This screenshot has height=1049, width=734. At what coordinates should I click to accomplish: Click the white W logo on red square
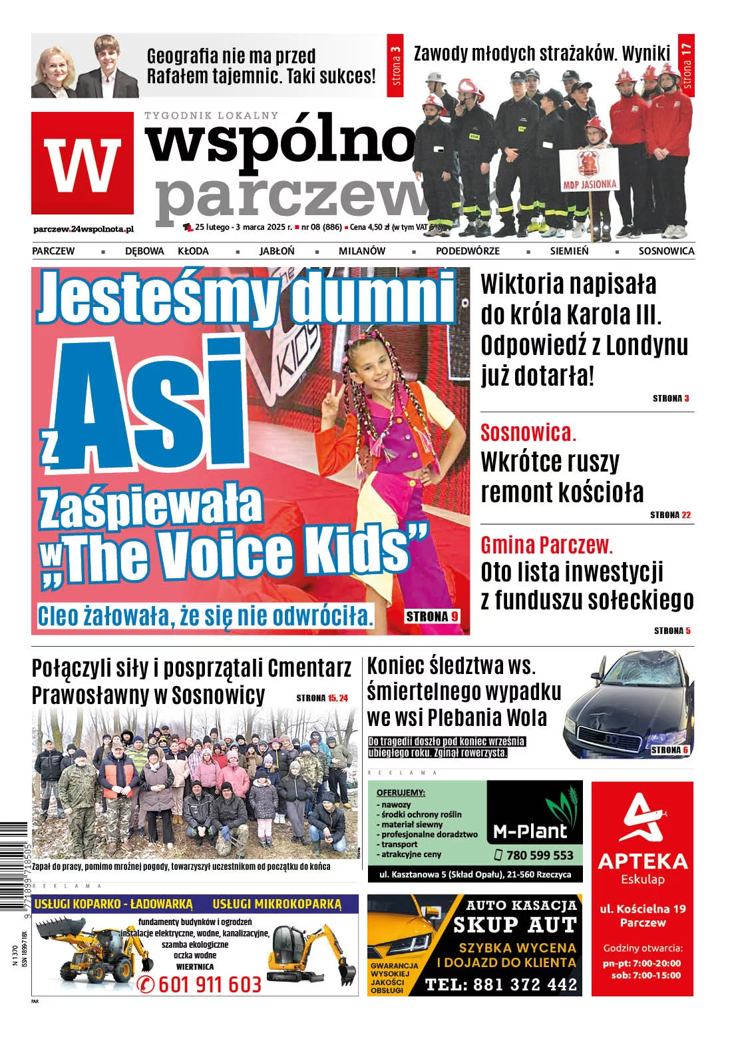(83, 165)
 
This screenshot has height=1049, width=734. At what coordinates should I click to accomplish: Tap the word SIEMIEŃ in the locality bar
(569, 251)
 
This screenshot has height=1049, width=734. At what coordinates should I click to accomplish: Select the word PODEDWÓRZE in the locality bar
(467, 251)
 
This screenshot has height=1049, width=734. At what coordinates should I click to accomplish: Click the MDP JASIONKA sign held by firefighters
(590, 171)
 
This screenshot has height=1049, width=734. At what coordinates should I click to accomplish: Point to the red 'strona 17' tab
(687, 65)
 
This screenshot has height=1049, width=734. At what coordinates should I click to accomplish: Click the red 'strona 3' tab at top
(395, 65)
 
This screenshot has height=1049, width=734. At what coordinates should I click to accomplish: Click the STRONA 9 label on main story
(432, 617)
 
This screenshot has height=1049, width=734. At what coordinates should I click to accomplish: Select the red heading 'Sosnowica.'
(528, 433)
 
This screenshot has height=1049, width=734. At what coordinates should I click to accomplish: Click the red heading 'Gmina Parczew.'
(546, 545)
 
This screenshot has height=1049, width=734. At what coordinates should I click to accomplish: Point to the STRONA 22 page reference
(670, 515)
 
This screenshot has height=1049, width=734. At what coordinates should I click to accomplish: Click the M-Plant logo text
(530, 831)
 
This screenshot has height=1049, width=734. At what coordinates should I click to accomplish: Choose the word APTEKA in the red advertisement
(642, 861)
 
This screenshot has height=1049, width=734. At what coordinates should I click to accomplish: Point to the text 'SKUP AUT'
(514, 924)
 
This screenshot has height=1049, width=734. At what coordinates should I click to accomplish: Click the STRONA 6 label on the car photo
(669, 750)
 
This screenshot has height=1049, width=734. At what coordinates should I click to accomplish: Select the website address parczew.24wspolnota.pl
(83, 228)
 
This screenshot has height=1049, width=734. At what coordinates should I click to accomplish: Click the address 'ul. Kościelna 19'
(642, 908)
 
